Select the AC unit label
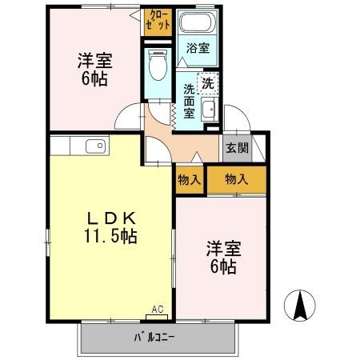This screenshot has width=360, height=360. [157, 308]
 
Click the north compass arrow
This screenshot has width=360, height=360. [300, 305]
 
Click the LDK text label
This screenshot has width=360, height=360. [110, 218]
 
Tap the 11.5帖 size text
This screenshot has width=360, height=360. [110, 236]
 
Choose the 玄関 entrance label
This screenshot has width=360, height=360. [236, 148]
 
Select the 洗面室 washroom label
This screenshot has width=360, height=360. [190, 101]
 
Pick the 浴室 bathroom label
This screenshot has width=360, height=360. [198, 48]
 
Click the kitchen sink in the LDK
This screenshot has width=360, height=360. [94, 146]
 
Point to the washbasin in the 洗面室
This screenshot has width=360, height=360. [210, 109]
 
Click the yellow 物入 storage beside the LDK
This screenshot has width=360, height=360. [190, 180]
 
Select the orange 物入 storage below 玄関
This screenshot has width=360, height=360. [236, 180]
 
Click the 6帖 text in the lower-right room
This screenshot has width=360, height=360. [223, 267]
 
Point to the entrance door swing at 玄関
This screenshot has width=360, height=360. [240, 120]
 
